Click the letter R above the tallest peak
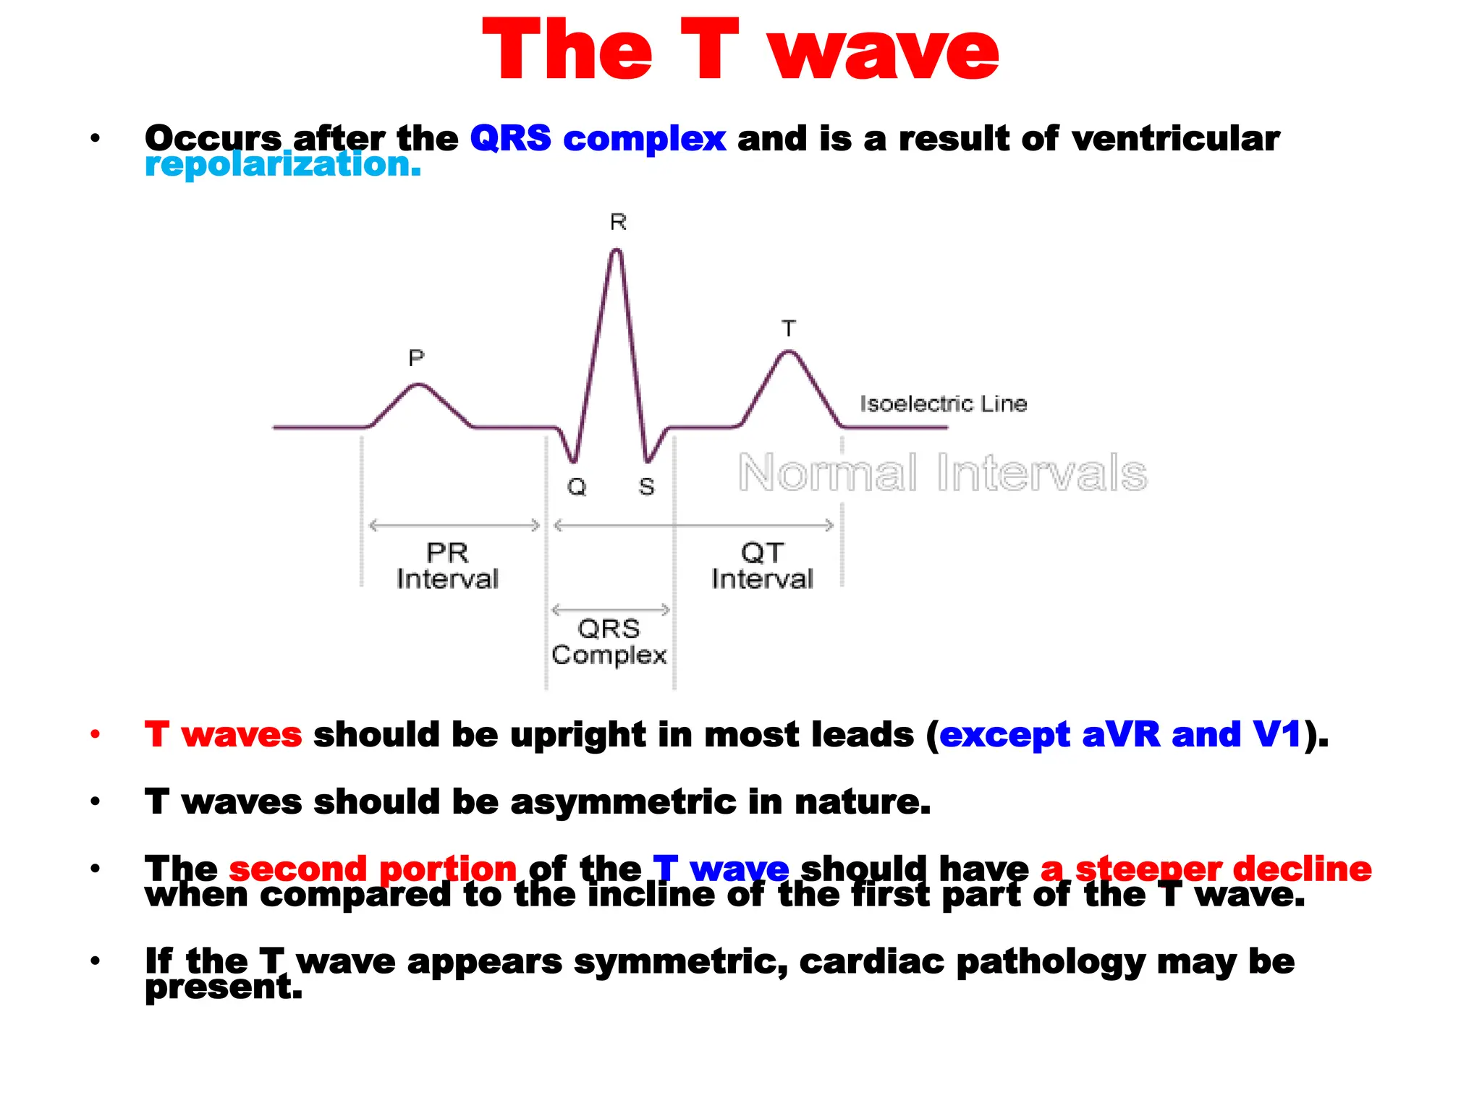(x=618, y=222)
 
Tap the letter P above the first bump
(x=416, y=357)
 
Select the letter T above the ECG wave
(x=789, y=328)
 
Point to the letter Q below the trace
(x=577, y=487)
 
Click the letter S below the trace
(x=646, y=487)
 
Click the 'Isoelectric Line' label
(x=943, y=404)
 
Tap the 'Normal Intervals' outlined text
(x=942, y=473)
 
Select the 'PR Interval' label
(x=447, y=566)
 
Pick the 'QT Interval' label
(x=762, y=566)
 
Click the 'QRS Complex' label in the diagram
(x=609, y=642)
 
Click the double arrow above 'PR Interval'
(x=454, y=525)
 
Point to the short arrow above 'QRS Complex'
(x=611, y=610)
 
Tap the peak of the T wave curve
(x=788, y=353)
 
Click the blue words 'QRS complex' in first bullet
(x=598, y=138)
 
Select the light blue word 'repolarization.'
(x=282, y=165)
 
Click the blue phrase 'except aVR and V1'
(x=1120, y=735)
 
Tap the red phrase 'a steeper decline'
(x=1206, y=868)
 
